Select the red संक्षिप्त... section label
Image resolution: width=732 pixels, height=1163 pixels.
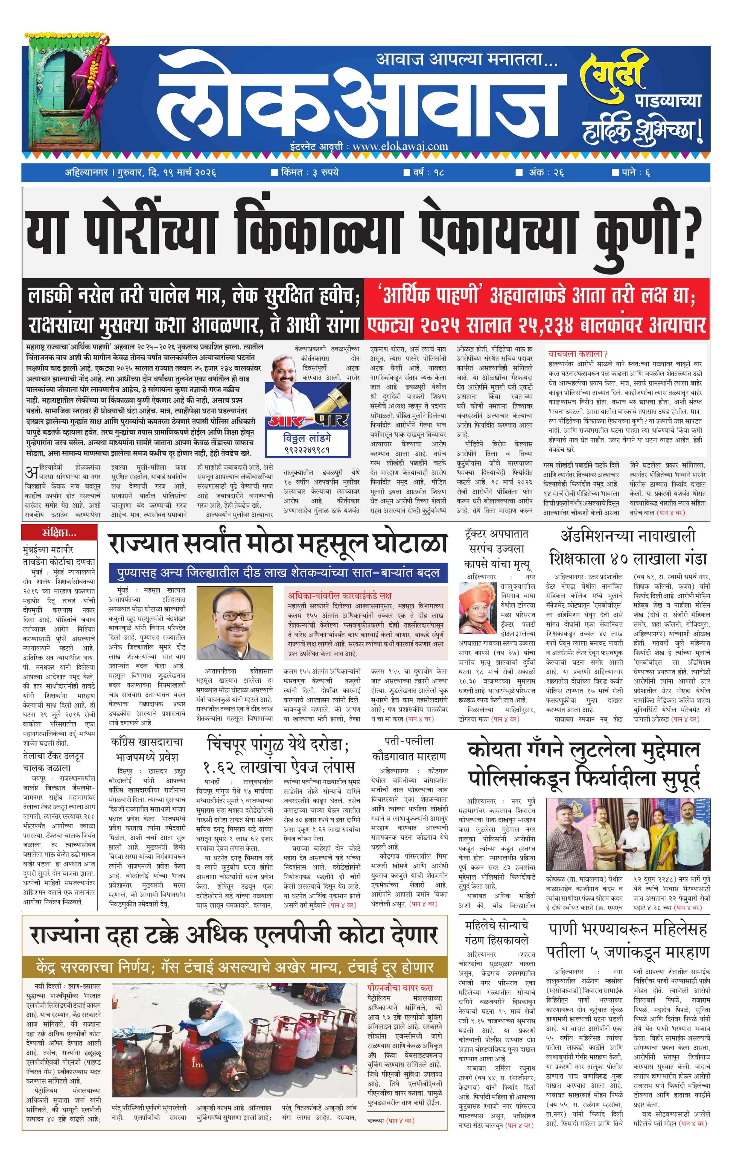[59, 533]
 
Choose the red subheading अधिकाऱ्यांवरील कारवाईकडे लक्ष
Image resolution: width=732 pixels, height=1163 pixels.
[340, 595]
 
